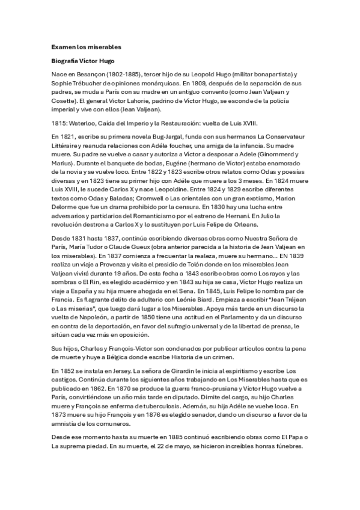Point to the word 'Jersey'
(x=115, y=390)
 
